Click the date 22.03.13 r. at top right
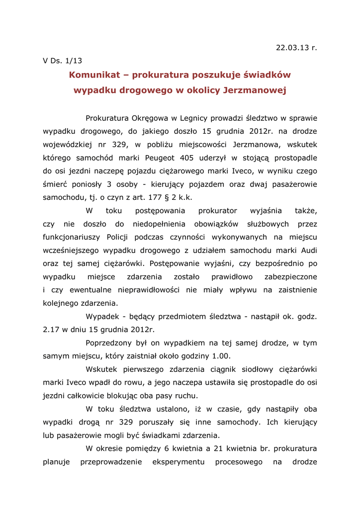pyautogui.click(x=296, y=48)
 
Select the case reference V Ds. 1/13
pyautogui.click(x=62, y=61)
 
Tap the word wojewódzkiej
pyautogui.click(x=70, y=145)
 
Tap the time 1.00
pyautogui.click(x=221, y=356)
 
